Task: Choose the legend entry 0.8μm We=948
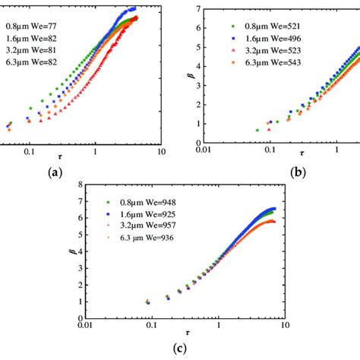tap(143, 202)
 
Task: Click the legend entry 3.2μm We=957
tap(143, 226)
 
